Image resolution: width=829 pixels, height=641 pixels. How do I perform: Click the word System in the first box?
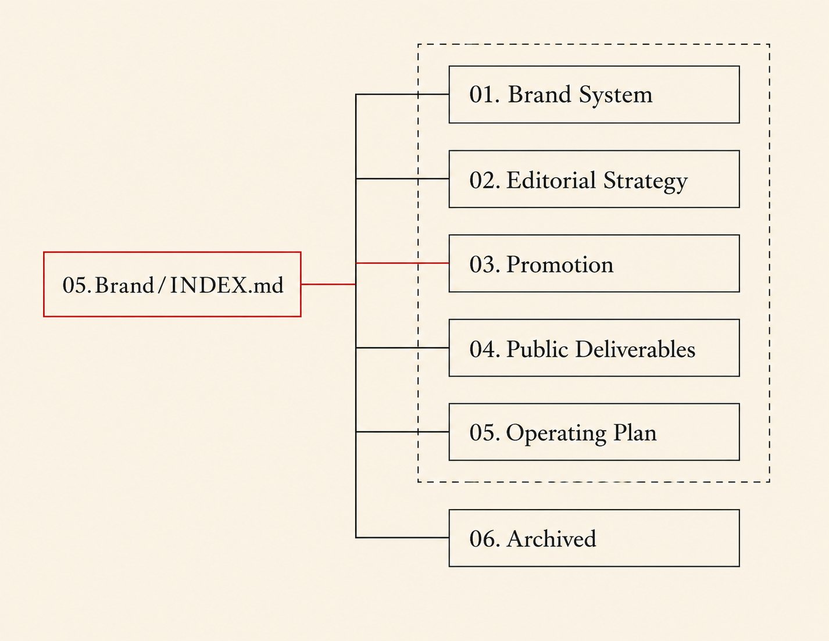pos(616,95)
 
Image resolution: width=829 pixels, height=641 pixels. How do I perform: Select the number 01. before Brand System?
pos(484,95)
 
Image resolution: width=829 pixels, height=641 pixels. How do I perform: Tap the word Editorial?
pos(551,180)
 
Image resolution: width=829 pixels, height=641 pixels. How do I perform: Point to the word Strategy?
pos(645,182)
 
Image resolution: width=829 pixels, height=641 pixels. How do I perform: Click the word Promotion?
pos(560,264)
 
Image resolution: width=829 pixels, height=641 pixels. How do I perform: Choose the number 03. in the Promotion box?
pos(484,264)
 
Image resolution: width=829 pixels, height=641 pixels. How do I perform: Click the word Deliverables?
pos(635,349)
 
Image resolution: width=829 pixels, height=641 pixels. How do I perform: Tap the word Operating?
pos(556,434)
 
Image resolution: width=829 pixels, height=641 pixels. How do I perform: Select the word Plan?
pos(635,433)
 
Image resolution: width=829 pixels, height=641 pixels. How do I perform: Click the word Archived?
pos(551,538)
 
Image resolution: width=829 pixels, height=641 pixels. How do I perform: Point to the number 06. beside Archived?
pos(484,539)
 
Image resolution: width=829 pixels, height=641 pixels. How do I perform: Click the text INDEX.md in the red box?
pos(227,285)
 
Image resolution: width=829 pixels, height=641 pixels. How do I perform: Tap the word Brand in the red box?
pos(124,285)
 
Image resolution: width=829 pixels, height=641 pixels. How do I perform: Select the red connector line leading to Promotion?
pos(402,263)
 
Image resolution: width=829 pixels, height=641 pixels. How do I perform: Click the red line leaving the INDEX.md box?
pos(328,284)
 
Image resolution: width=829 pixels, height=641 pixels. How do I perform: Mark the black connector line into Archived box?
pos(402,538)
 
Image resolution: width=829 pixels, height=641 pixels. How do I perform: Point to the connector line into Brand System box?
pos(402,94)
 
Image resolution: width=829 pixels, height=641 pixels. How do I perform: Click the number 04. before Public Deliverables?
pos(484,349)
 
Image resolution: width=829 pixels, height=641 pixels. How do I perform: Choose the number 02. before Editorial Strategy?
pos(484,180)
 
